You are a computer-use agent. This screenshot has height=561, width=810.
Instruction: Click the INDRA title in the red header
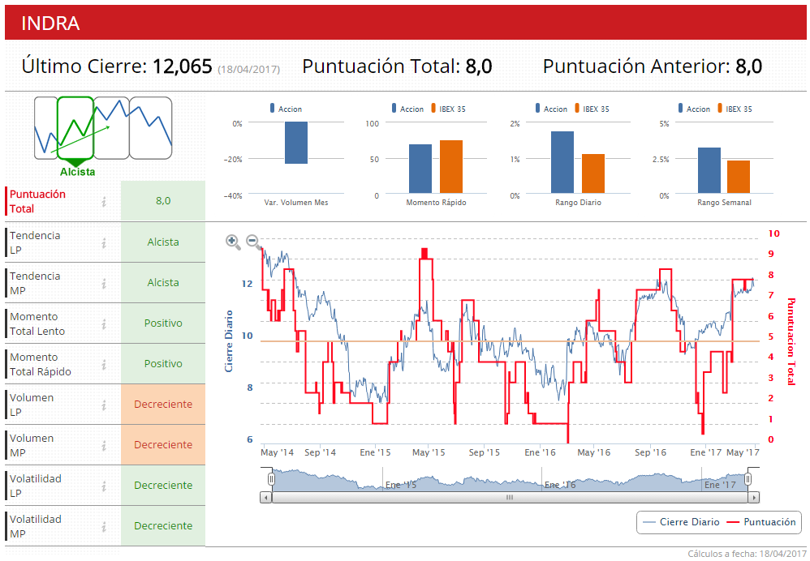point(50,24)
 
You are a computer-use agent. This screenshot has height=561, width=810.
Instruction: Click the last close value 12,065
point(183,66)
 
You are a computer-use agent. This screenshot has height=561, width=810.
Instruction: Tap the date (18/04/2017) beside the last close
point(248,70)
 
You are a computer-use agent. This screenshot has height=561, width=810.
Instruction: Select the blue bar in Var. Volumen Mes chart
point(295,143)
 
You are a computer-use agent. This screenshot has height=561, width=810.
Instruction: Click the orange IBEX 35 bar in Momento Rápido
point(450,167)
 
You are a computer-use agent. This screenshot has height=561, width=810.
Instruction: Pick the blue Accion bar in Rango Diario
point(562,163)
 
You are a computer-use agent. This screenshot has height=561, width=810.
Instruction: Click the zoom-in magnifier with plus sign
point(233,241)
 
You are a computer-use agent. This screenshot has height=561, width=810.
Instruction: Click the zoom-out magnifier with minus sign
point(252,241)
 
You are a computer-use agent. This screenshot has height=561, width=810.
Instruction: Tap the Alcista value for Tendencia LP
point(163,242)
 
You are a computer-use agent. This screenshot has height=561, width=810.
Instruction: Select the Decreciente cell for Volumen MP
point(163,445)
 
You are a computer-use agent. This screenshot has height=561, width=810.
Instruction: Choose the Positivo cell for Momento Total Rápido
point(163,364)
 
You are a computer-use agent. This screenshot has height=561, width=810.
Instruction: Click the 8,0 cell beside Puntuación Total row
point(163,201)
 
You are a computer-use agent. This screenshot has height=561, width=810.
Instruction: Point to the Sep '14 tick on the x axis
point(321,452)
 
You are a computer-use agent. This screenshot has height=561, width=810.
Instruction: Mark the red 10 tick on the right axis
point(773,233)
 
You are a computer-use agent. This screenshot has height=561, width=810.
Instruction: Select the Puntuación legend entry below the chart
point(760,522)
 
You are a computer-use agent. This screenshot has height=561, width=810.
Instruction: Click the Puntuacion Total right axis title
point(791,340)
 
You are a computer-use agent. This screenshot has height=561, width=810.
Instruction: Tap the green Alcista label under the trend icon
point(77,172)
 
